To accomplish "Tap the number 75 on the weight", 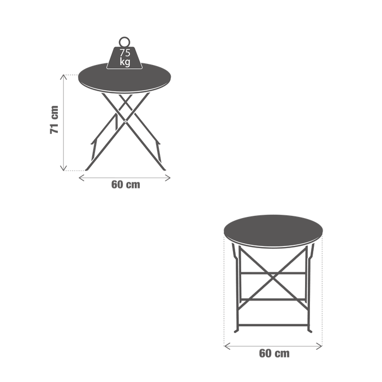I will (x=124, y=53).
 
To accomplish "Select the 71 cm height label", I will (x=54, y=121).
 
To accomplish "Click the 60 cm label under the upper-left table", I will (x=126, y=185).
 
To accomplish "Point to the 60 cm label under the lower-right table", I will (x=273, y=354).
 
